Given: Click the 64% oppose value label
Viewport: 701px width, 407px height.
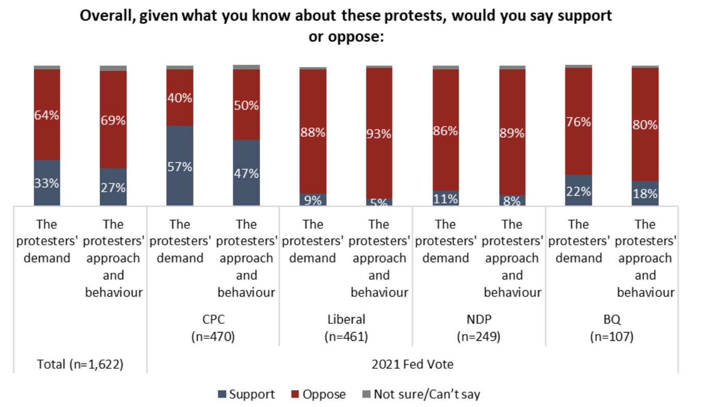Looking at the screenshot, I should [x=47, y=115].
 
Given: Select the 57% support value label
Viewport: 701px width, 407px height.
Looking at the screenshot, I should [x=180, y=166].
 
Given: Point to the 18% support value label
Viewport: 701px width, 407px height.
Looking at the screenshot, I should [x=645, y=194].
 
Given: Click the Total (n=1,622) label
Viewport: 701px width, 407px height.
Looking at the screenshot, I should [x=80, y=364].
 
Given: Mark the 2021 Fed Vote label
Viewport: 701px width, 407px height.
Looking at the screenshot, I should [x=412, y=364].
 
